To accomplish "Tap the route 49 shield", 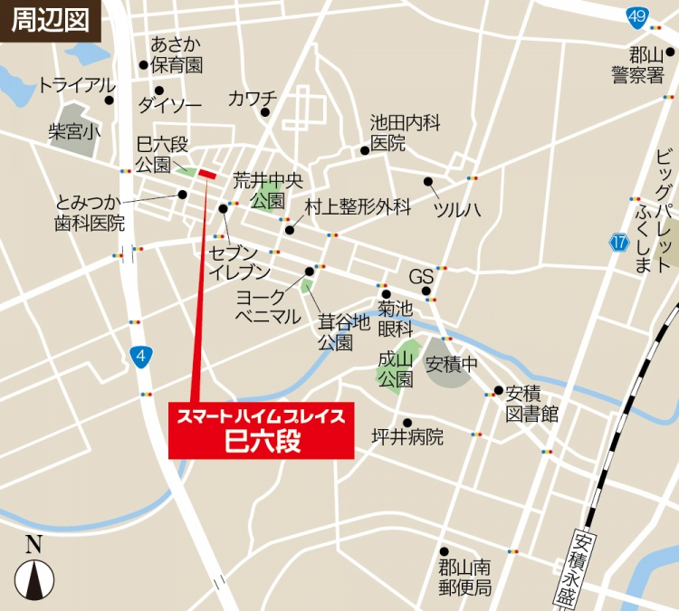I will tap(637, 16).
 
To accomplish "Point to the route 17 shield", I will tap(618, 242).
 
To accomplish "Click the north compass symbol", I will tap(34, 570).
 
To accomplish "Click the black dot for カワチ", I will tap(265, 112).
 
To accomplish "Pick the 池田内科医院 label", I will tap(404, 133).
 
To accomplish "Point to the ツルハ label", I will tap(456, 209).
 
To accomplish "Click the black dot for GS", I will tap(426, 291).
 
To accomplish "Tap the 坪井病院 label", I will tap(407, 438).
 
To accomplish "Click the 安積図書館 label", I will tap(531, 404).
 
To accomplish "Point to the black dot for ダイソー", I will tap(158, 91).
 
